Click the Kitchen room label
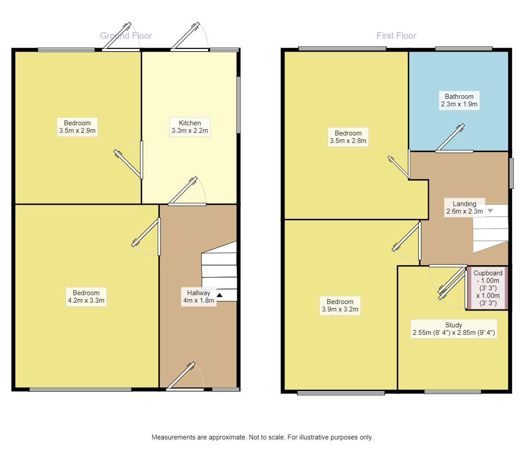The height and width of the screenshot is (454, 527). [x=190, y=127]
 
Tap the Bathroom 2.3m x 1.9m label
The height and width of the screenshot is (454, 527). [x=459, y=101]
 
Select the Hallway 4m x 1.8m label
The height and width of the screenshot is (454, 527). [x=198, y=296]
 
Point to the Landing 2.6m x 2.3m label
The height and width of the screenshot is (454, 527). [x=464, y=207]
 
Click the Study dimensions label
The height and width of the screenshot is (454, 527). [x=454, y=329]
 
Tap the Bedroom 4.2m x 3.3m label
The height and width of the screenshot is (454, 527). [x=86, y=296]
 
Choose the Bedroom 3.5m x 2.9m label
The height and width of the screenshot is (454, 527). [x=77, y=127]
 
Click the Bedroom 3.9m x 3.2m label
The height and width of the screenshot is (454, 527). [x=340, y=305]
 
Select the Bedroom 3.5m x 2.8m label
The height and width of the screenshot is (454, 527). [x=348, y=137]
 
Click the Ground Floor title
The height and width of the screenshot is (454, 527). [x=126, y=36]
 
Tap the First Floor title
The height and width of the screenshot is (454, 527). [x=396, y=36]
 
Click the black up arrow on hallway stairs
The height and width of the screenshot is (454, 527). [x=220, y=295]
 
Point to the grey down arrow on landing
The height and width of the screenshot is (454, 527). [x=490, y=211]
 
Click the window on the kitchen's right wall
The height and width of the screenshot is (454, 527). [x=239, y=105]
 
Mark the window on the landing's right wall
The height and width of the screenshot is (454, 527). [x=512, y=173]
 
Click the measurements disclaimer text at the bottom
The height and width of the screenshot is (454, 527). [x=262, y=437]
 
